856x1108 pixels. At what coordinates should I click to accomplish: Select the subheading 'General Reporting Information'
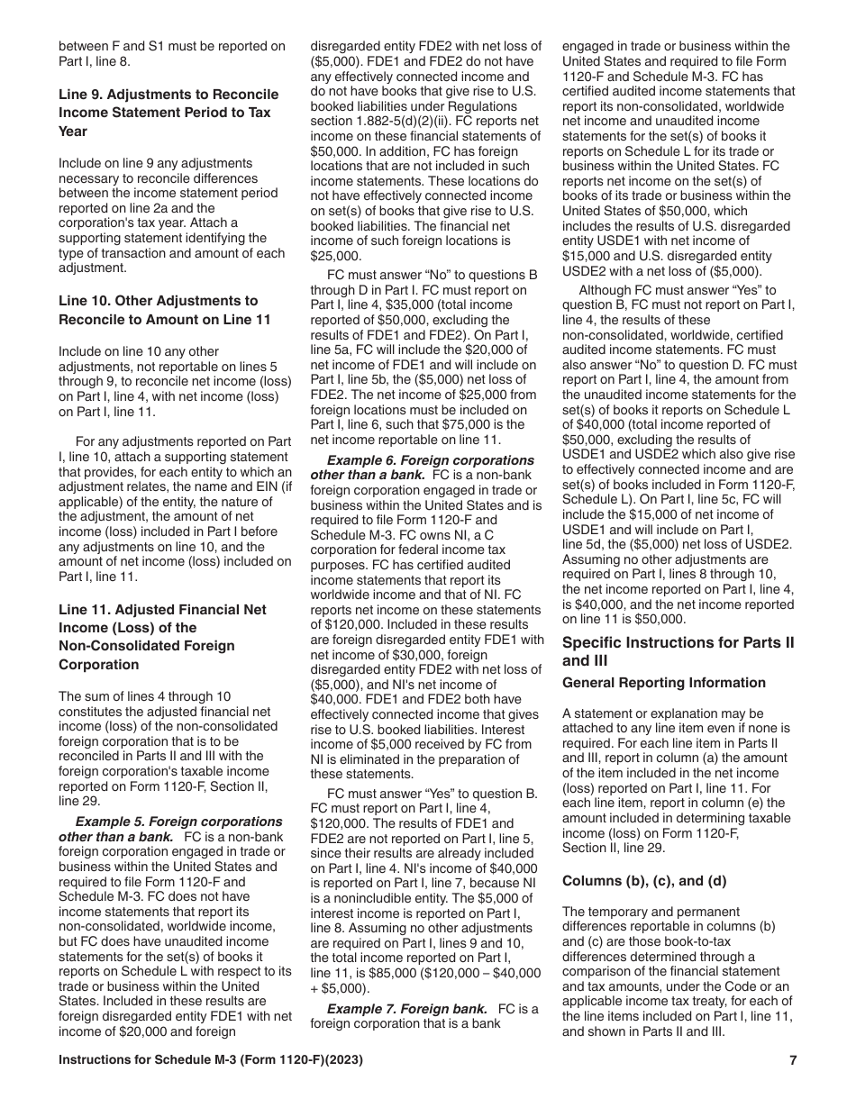pos(664,683)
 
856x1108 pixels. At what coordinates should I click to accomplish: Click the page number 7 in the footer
pos(793,1061)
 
